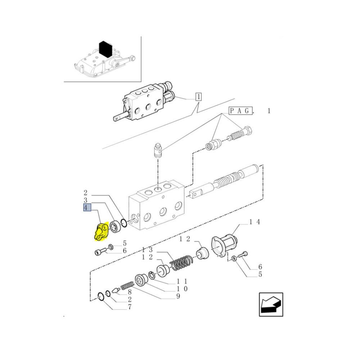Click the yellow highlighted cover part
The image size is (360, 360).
100,232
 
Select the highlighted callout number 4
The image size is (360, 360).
87,208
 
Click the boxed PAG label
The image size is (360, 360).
240,111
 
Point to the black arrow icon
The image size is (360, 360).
271,305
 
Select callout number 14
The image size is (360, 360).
255,222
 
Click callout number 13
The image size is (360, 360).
147,250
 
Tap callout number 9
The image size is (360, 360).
178,296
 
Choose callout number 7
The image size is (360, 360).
130,307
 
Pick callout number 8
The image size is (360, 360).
130,292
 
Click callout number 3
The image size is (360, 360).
85,200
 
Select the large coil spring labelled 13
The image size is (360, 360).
181,263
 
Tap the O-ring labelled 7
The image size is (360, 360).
101,296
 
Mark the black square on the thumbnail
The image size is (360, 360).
105,49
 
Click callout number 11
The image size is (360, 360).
182,281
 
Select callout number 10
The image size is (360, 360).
182,289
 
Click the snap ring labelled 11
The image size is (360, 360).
152,275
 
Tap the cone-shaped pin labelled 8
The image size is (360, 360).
116,291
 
